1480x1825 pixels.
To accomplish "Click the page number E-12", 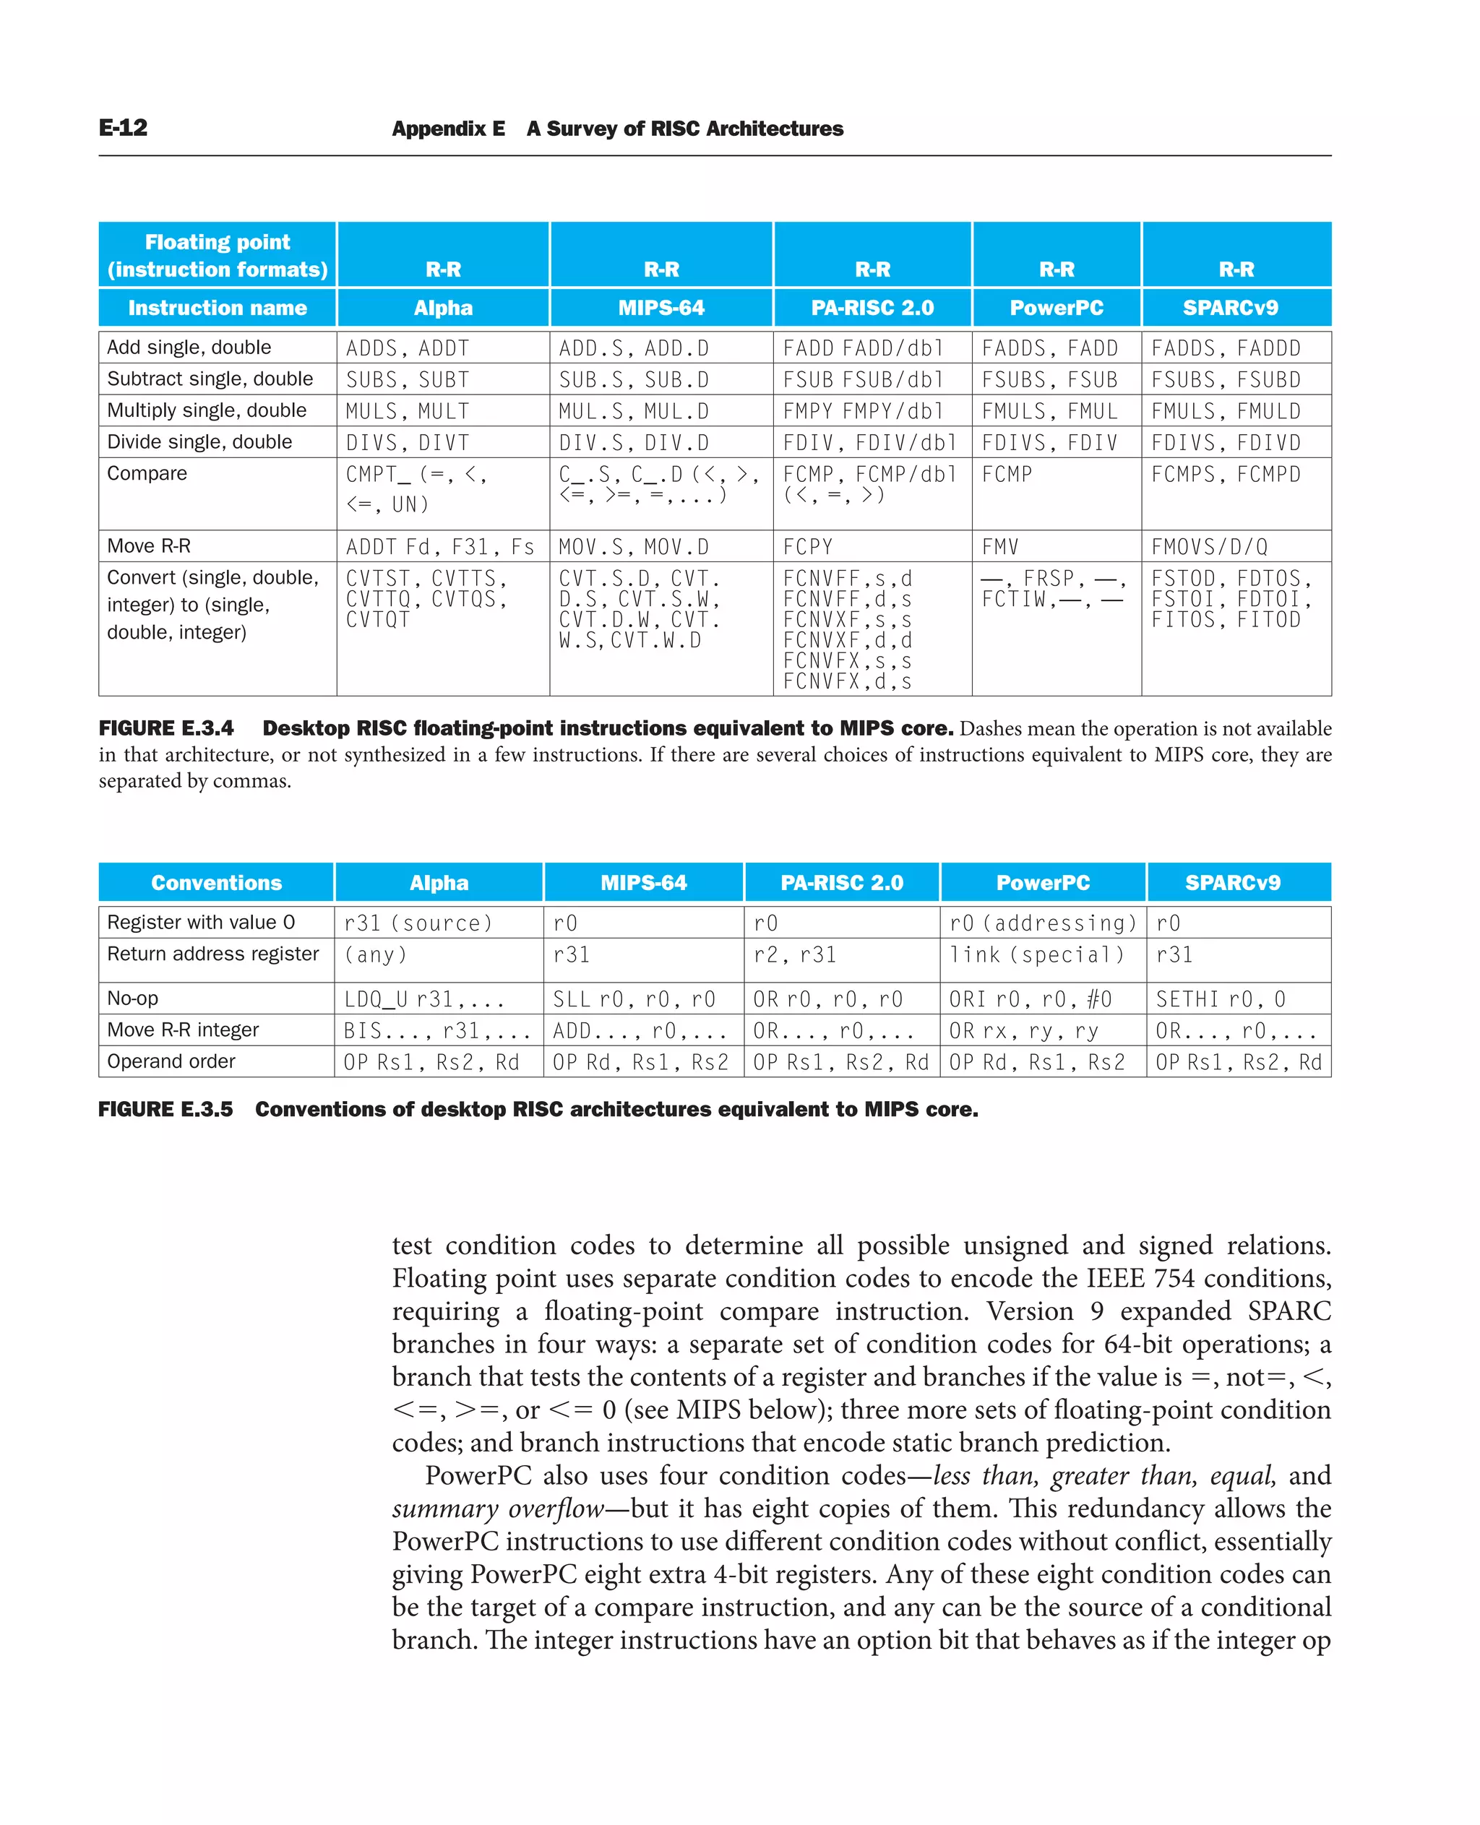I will [123, 128].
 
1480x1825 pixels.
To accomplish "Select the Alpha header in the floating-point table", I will [442, 308].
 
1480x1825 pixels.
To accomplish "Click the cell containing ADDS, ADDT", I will [408, 348].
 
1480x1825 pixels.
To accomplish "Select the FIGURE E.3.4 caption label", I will [166, 728].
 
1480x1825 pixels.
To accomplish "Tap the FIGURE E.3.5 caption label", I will [165, 1109].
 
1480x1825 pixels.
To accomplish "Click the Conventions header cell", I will [217, 882].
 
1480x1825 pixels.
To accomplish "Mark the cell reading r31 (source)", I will [418, 923].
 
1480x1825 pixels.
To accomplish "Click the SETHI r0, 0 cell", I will [1220, 998].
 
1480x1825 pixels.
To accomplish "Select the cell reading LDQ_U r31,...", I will [423, 998].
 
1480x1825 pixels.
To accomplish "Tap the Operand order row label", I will [171, 1061].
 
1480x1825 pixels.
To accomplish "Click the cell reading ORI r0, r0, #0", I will [1030, 998].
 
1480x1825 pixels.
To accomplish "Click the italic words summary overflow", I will [498, 1508].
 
